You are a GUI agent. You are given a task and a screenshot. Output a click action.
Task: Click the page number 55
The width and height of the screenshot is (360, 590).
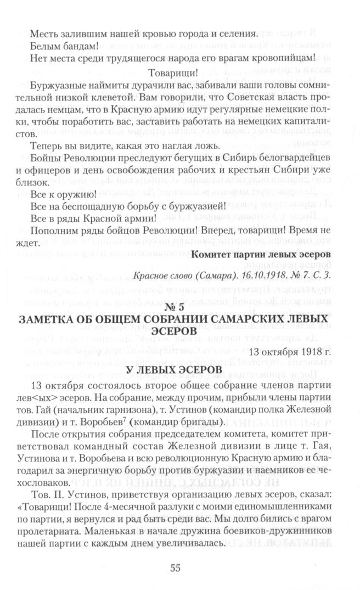175,567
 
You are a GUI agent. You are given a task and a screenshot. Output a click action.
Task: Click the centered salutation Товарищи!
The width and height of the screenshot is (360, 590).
174,71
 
